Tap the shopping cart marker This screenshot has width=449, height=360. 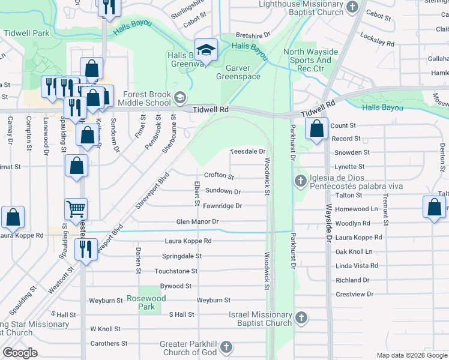[76, 209]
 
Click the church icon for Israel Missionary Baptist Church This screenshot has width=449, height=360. [301, 317]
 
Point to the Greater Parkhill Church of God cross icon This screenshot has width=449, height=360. [226, 347]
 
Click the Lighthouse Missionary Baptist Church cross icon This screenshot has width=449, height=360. [352, 8]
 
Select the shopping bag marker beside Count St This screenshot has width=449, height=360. [316, 128]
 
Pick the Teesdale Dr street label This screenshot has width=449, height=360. [248, 152]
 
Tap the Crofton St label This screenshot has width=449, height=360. [218, 176]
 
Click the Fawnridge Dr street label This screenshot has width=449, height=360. [222, 206]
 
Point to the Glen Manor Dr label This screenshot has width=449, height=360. [197, 221]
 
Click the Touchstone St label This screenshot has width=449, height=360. [176, 271]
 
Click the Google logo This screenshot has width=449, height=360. [20, 352]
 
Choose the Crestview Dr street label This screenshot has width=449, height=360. [355, 295]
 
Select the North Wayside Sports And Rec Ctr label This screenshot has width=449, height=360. [310, 60]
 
